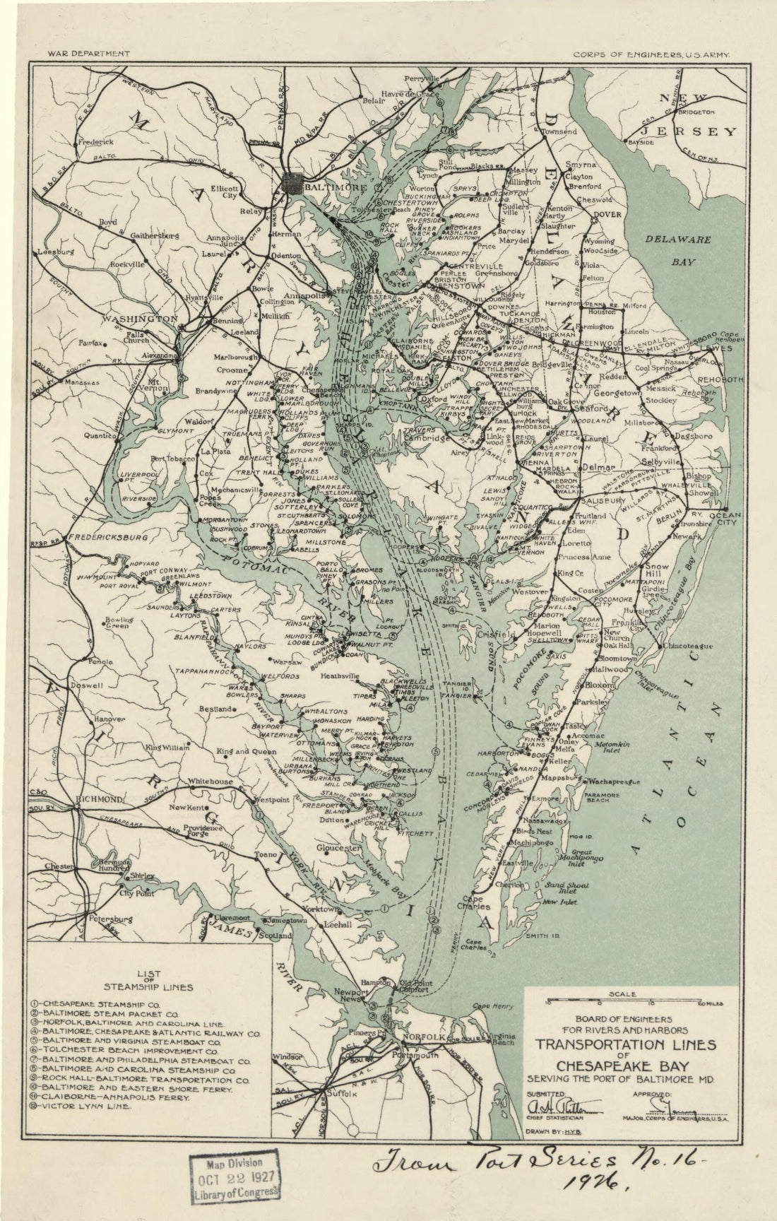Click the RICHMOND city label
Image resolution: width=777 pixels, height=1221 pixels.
[x=100, y=798]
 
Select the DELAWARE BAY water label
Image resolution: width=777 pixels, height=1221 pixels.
[x=682, y=250]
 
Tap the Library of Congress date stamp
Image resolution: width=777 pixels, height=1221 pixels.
[x=234, y=1178]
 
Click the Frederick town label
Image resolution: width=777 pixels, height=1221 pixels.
[x=95, y=142]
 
